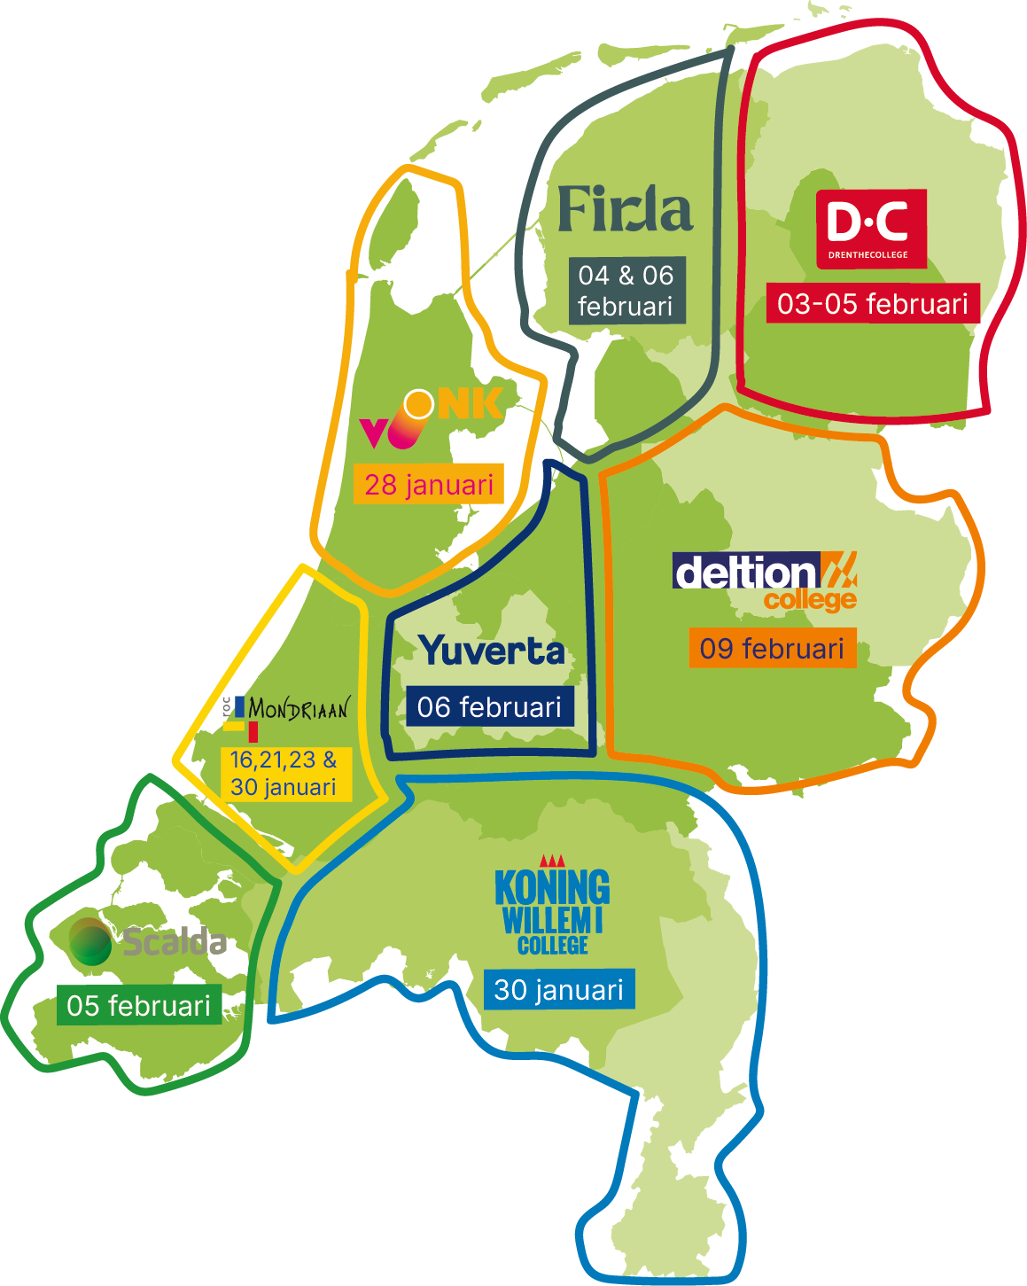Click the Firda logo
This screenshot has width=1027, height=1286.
click(x=625, y=210)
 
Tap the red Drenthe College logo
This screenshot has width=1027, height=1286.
click(x=871, y=228)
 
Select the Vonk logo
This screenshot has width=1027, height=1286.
click(x=432, y=417)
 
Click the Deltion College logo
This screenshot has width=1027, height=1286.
click(x=765, y=580)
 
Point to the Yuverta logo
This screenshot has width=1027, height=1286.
click(x=492, y=651)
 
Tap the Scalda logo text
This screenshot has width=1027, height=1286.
click(x=174, y=942)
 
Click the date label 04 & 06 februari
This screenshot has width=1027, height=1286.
click(x=626, y=291)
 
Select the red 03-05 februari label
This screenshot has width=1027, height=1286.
click(x=873, y=304)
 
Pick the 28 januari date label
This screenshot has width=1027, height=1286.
click(x=429, y=484)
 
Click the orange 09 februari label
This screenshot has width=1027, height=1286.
click(x=772, y=648)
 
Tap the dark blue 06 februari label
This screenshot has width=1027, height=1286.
click(x=489, y=706)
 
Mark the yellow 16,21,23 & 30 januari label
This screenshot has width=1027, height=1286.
click(x=284, y=774)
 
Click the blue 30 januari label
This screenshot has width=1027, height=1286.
click(x=559, y=989)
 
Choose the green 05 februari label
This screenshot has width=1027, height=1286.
click(x=139, y=1005)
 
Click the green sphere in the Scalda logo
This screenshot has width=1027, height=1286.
click(x=90, y=941)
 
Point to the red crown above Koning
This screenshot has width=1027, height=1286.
click(x=552, y=861)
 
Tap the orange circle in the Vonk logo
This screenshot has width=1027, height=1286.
click(x=418, y=404)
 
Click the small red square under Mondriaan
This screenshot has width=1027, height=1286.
click(x=253, y=732)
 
